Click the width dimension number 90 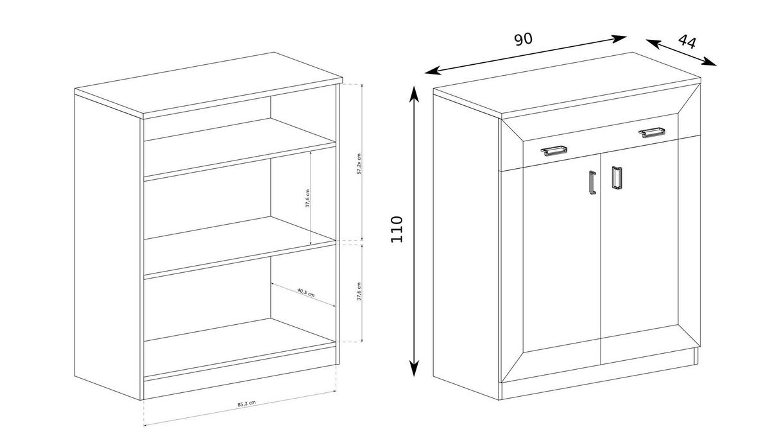pyautogui.click(x=523, y=39)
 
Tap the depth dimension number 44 pyautogui.click(x=687, y=42)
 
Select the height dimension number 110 pyautogui.click(x=397, y=229)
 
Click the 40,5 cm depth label pyautogui.click(x=305, y=293)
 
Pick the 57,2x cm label pyautogui.click(x=359, y=164)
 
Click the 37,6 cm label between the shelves pyautogui.click(x=307, y=199)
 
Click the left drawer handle pyautogui.click(x=553, y=151)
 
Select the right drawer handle pyautogui.click(x=651, y=133)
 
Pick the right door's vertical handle pyautogui.click(x=617, y=178)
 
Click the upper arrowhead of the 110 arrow pyautogui.click(x=415, y=93)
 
